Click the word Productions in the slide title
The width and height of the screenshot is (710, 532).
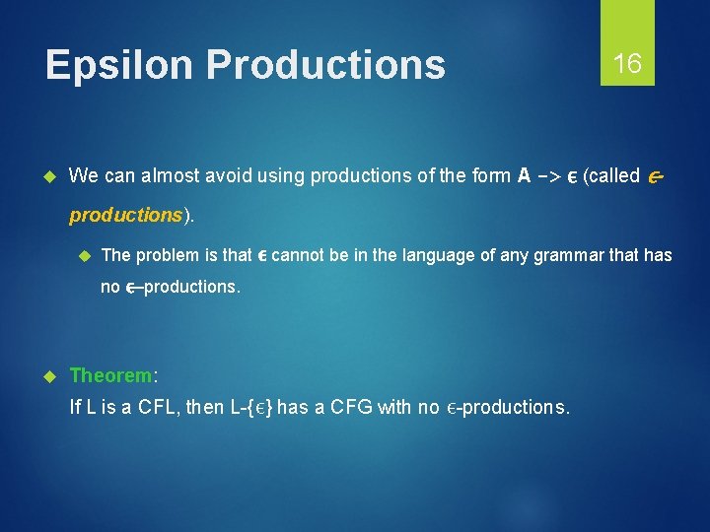pyautogui.click(x=325, y=65)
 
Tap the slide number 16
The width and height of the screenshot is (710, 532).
pyautogui.click(x=627, y=64)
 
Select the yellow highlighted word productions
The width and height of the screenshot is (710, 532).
pyautogui.click(x=125, y=215)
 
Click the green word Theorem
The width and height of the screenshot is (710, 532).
pyautogui.click(x=110, y=375)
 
